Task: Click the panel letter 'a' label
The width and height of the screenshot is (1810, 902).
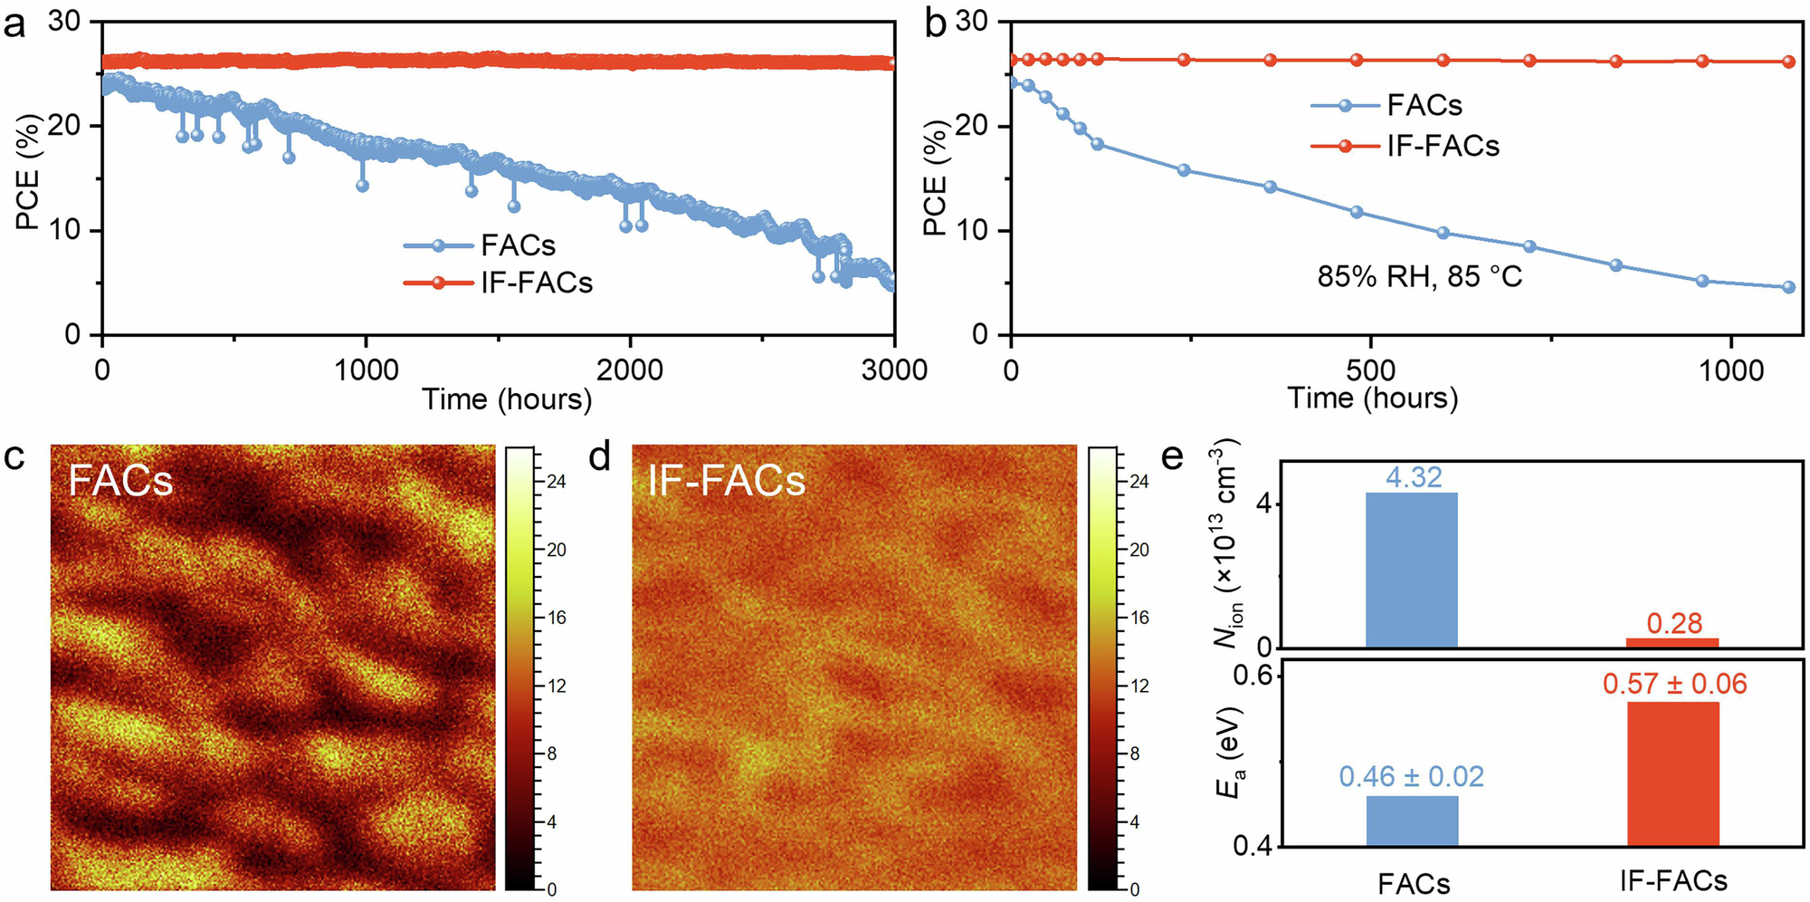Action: [14, 25]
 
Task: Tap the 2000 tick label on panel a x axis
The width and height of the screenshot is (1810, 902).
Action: [630, 369]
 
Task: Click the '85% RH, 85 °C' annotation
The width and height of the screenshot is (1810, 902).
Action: [1419, 276]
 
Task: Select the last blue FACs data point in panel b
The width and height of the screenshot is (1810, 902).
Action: [1788, 287]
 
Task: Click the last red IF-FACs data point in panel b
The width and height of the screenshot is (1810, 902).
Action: [1788, 62]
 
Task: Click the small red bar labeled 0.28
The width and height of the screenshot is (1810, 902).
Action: [1672, 642]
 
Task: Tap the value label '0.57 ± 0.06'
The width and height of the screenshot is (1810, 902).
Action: [1674, 684]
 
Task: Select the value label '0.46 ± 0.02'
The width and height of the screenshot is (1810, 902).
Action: [1411, 776]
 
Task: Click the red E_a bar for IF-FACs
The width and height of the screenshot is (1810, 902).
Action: [1672, 773]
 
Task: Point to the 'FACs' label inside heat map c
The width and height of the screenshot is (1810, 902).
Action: [120, 480]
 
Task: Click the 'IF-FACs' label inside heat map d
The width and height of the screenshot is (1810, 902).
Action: [726, 480]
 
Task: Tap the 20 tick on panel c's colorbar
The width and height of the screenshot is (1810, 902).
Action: [556, 550]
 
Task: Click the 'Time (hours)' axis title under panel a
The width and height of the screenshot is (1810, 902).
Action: [507, 398]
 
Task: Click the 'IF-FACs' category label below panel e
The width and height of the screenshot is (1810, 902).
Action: [1672, 880]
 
